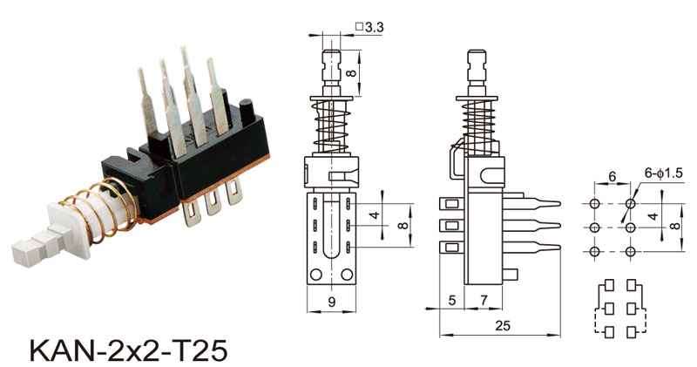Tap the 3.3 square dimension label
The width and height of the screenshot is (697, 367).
click(369, 27)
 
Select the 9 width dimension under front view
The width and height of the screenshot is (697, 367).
click(332, 302)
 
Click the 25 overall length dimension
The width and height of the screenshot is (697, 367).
click(503, 326)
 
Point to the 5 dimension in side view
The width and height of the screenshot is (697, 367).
click(452, 300)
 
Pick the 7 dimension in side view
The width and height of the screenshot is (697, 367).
click(484, 300)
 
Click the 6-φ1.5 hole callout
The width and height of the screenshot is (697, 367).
click(663, 173)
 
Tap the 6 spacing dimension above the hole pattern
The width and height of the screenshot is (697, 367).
click(612, 177)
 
